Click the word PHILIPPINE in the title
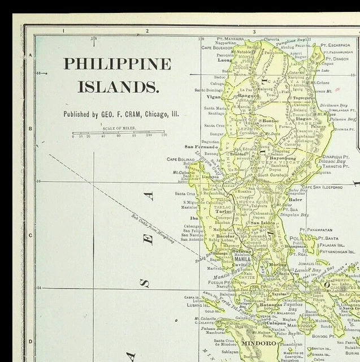pos(117,63)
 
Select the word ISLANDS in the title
pos(118,87)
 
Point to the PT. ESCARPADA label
pos(335,45)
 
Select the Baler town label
pos(295,200)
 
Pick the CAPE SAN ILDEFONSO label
pos(322,187)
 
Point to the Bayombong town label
pos(283,158)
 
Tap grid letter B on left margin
pos(30,128)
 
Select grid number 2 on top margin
pos(147,31)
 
